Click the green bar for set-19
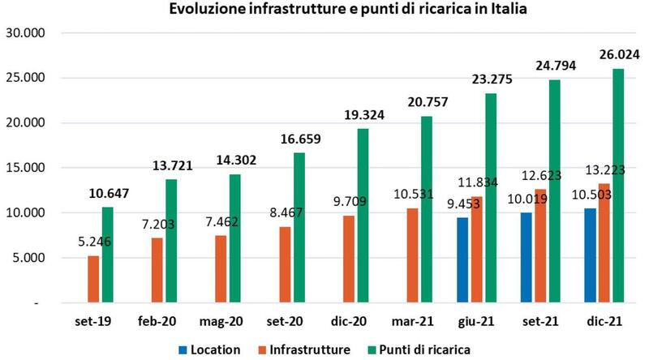pos(107,255)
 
